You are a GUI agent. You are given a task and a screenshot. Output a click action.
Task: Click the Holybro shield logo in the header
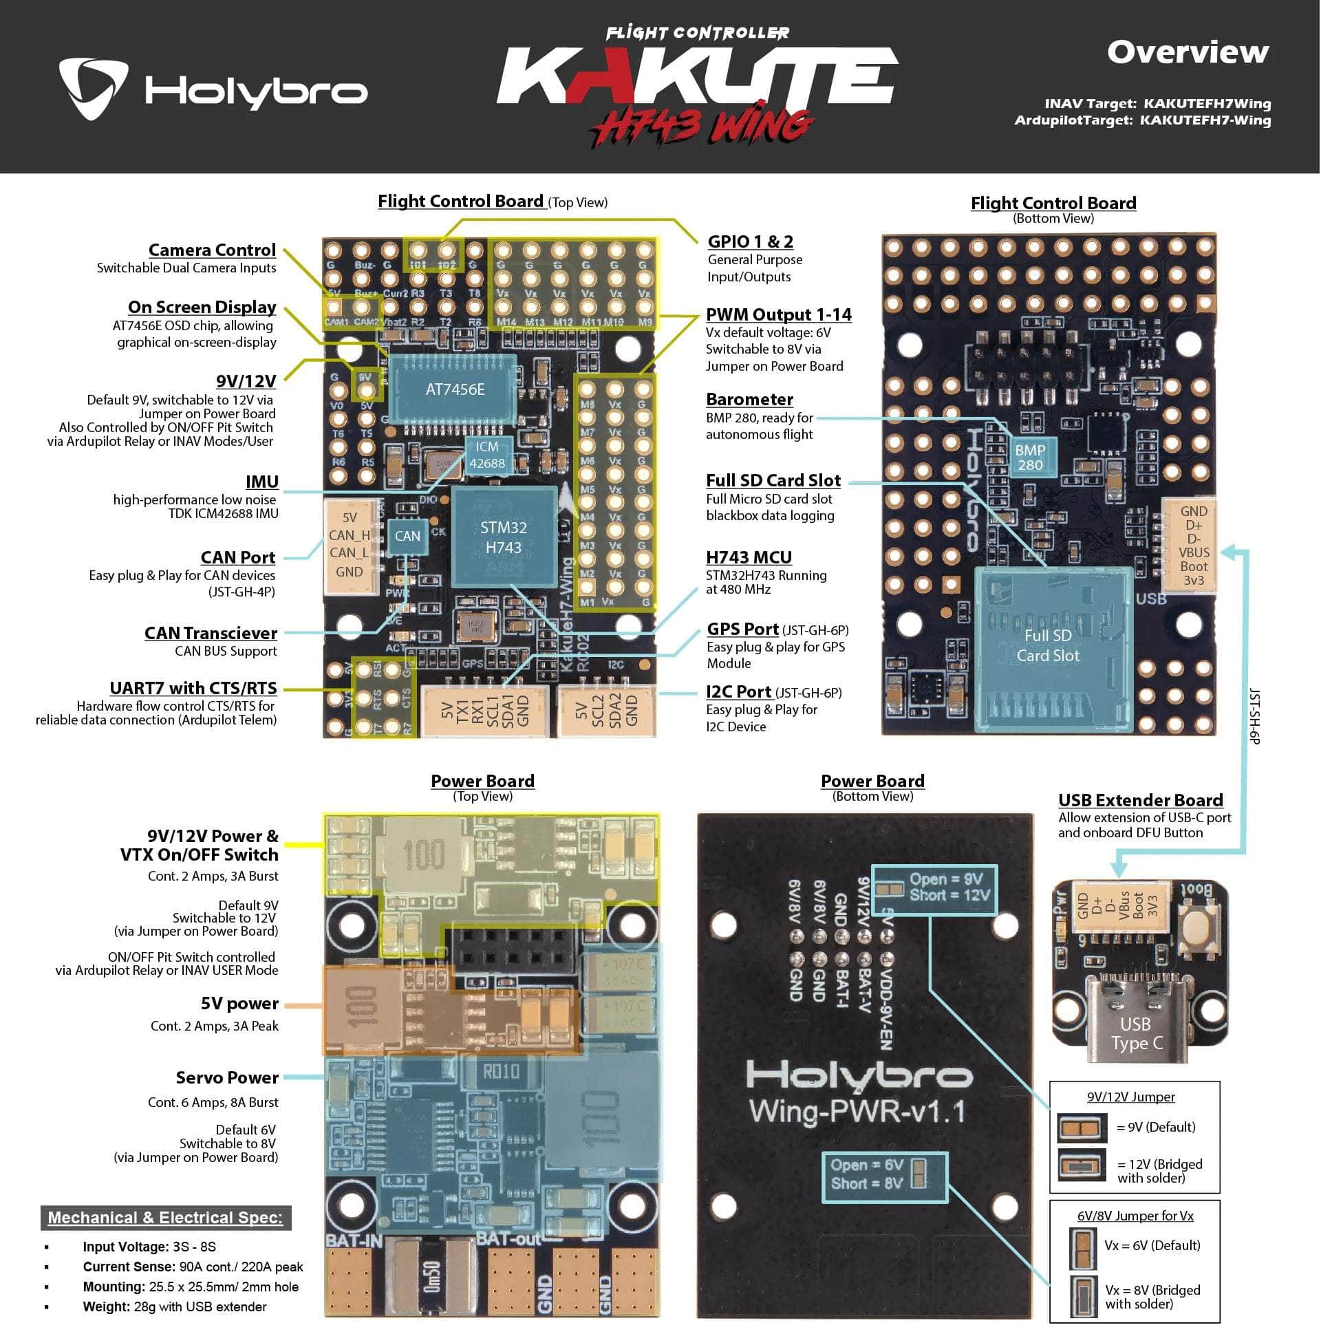[92, 88]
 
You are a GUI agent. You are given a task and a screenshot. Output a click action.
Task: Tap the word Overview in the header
[1187, 52]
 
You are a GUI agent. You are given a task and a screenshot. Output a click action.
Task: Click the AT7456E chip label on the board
[454, 389]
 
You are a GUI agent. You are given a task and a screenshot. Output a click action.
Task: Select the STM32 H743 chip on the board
[504, 537]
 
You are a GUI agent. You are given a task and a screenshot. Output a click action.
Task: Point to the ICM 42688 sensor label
[487, 455]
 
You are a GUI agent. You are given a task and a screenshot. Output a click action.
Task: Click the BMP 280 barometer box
[1029, 457]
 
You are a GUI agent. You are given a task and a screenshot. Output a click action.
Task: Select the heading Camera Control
[212, 250]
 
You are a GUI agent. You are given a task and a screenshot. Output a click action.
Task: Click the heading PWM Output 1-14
[778, 315]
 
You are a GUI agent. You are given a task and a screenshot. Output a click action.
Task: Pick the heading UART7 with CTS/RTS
[193, 689]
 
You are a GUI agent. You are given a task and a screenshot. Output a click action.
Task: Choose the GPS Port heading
[742, 629]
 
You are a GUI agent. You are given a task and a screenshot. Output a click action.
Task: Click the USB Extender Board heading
[1140, 800]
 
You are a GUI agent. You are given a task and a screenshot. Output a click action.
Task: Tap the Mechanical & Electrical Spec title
[165, 1217]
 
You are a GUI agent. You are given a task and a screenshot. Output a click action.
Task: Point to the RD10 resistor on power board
[501, 1072]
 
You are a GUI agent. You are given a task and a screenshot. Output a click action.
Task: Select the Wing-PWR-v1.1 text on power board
[857, 1112]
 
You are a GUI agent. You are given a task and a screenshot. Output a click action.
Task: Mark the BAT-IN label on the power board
[354, 1241]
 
